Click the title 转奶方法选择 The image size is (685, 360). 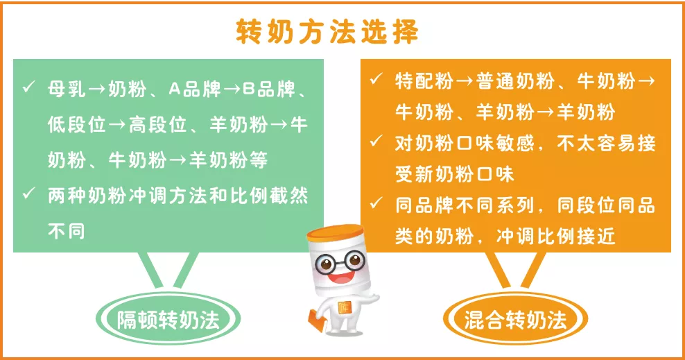(x=327, y=32)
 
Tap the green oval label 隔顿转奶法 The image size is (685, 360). (x=168, y=319)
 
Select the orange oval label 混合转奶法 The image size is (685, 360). (x=516, y=319)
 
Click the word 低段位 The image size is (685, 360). (x=77, y=125)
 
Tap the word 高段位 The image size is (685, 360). (x=157, y=125)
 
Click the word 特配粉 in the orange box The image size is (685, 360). (x=424, y=81)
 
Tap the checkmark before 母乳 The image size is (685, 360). (x=29, y=87)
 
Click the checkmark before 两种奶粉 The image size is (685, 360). (x=29, y=193)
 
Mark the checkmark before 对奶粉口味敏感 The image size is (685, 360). (x=376, y=141)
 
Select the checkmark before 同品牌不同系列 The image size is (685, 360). (x=376, y=203)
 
